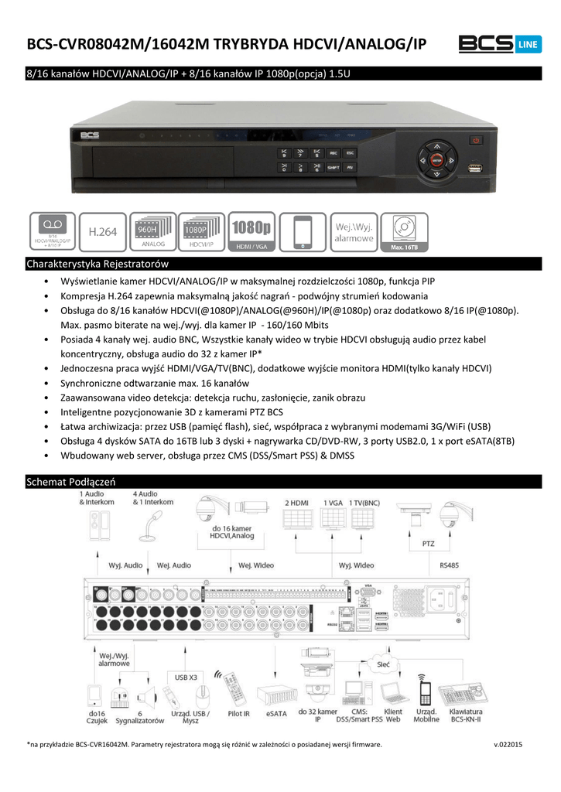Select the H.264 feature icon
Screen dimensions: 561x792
tap(102, 232)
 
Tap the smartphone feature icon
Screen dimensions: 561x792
tap(303, 232)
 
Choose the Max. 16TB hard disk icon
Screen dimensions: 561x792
tap(403, 232)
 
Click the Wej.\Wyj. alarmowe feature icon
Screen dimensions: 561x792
tap(354, 232)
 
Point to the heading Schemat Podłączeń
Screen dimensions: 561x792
tap(71, 482)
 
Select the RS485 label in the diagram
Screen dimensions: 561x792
tap(449, 565)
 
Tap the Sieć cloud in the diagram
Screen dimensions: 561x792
tap(382, 664)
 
